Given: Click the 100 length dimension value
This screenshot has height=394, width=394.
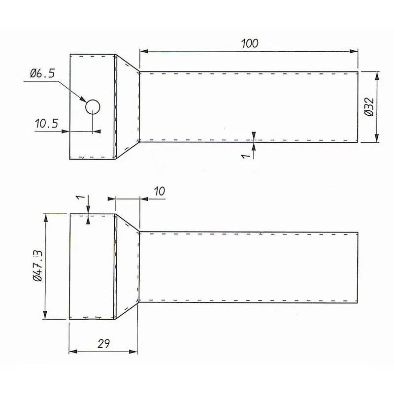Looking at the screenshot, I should (250, 43).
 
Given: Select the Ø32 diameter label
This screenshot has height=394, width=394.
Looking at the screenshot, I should (370, 107).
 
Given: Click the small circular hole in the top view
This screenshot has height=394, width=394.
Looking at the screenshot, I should (93, 106).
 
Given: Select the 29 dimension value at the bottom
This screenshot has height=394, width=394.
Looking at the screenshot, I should (103, 344).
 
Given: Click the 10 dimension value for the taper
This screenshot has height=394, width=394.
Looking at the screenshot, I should (159, 191).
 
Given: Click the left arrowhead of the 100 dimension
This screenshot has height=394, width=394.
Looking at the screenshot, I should (143, 51).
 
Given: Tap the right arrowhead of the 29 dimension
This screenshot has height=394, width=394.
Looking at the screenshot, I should (136, 351).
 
